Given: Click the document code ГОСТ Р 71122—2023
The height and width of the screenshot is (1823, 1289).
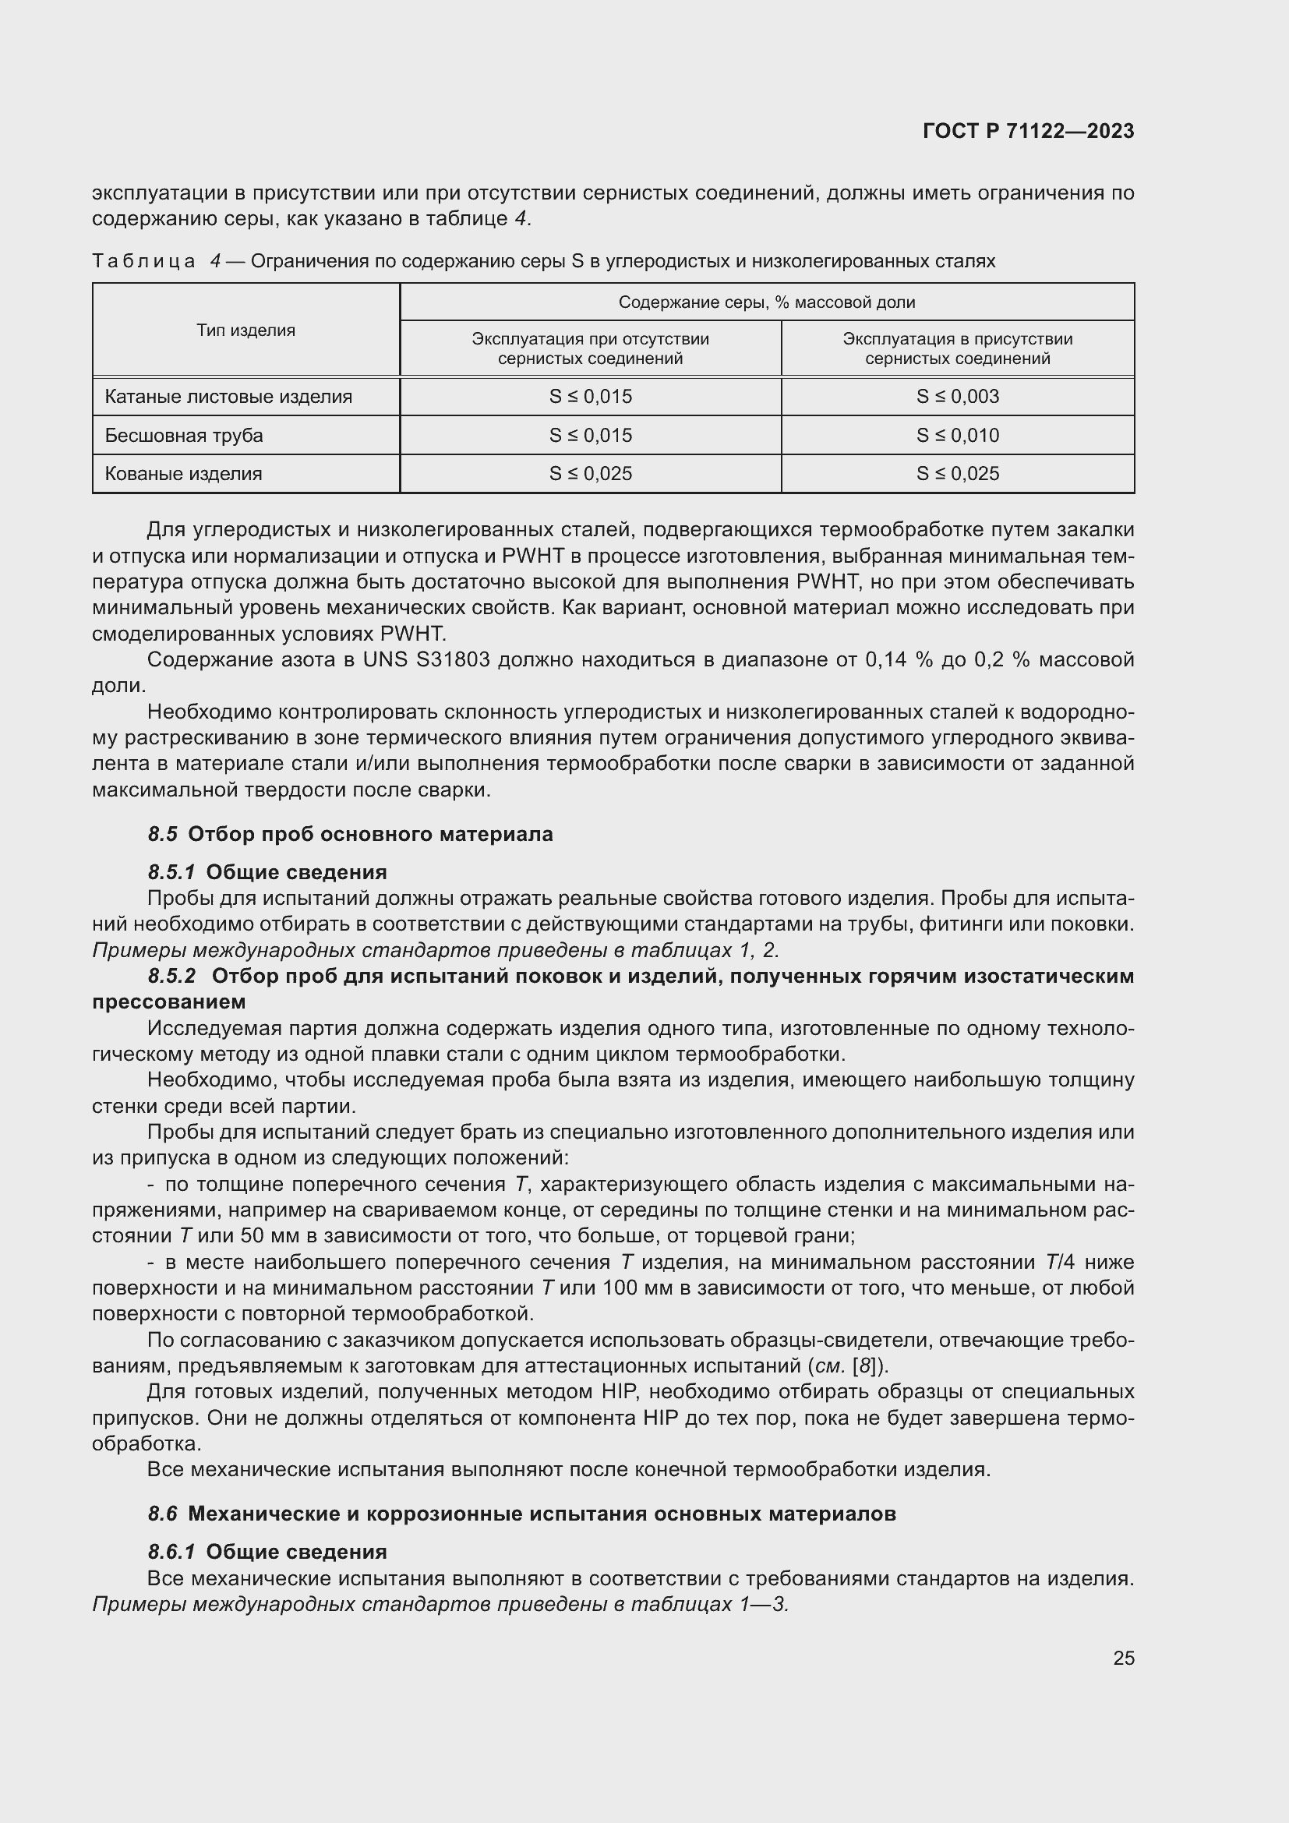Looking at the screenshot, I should coord(1029,131).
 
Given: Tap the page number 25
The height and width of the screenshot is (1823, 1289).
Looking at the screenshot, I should coord(1123,1658).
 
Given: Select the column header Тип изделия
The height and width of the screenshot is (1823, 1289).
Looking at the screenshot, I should coord(246,330).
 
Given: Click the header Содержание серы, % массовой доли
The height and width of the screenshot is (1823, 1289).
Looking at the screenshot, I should coord(767,302).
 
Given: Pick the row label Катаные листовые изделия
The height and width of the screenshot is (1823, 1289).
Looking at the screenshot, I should coord(228,396).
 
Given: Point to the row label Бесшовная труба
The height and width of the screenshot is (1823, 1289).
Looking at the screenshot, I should coord(184,435).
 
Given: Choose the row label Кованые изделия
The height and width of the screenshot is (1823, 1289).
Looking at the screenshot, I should coord(183,474).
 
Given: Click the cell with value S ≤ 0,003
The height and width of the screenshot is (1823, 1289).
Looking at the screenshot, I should coord(957,396).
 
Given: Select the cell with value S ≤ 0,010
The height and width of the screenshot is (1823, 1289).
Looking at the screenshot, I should coord(957,435).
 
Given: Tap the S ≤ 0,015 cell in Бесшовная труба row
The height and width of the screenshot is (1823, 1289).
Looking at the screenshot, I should coord(591,435).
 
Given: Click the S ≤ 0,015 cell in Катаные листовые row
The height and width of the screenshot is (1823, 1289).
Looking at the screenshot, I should coord(591,396).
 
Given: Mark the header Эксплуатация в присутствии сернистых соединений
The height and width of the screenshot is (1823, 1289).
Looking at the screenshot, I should coord(957,348).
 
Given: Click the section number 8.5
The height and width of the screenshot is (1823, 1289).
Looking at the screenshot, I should coord(162,835).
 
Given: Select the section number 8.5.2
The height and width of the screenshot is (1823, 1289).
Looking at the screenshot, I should coord(171,976).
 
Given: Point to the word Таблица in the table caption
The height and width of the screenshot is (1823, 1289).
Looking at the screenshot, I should coord(143,261).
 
